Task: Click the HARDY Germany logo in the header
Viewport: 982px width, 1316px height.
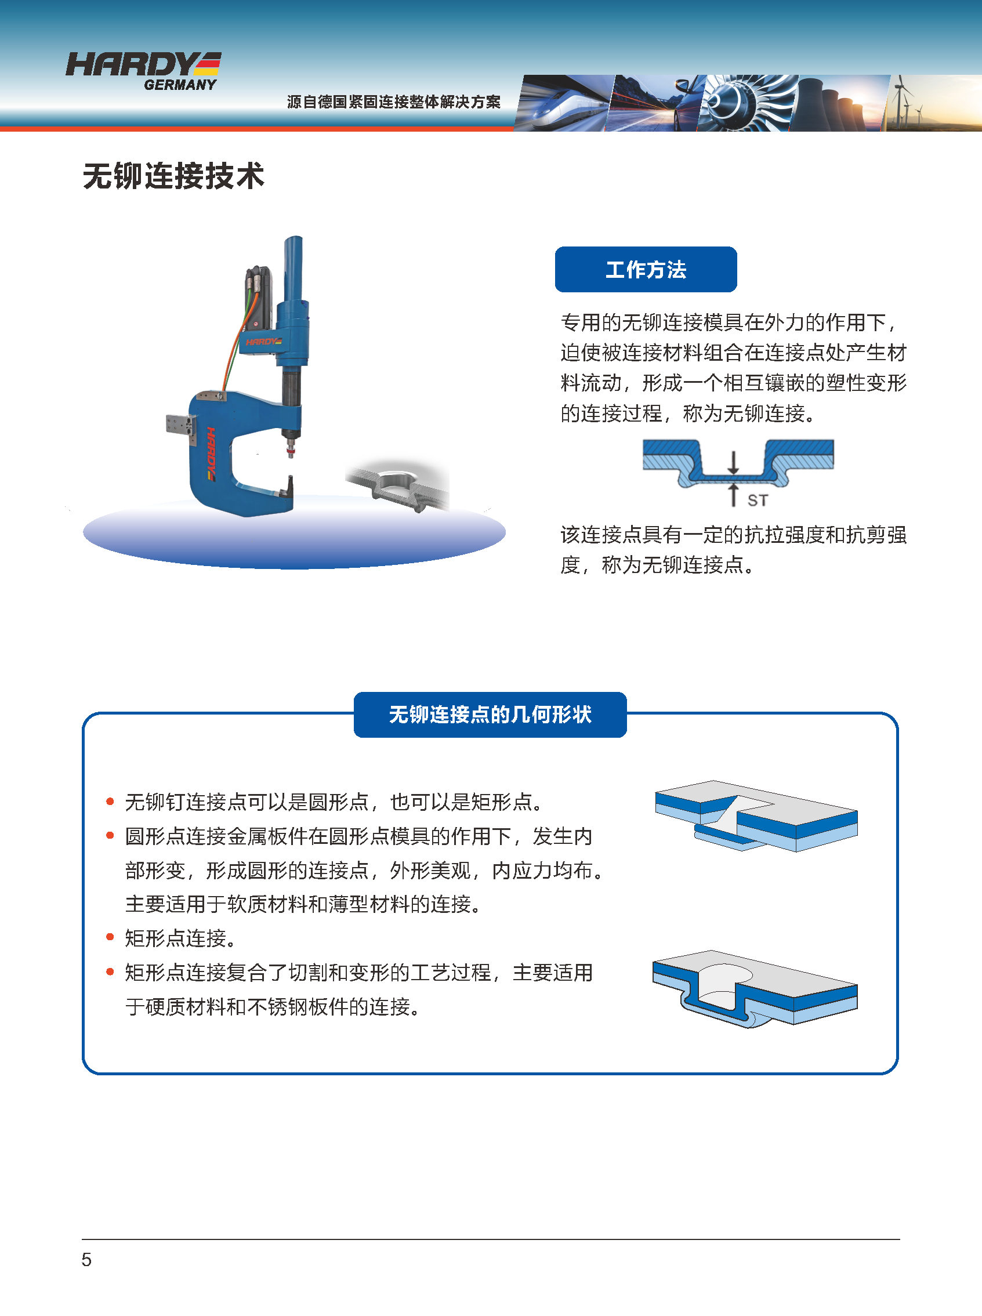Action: pyautogui.click(x=143, y=71)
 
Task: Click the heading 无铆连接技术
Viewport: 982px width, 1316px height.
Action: pyautogui.click(x=173, y=176)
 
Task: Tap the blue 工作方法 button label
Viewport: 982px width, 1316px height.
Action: pyautogui.click(x=646, y=269)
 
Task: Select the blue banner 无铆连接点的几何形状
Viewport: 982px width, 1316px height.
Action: pyautogui.click(x=490, y=714)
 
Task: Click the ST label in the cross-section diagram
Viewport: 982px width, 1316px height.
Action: pyautogui.click(x=758, y=500)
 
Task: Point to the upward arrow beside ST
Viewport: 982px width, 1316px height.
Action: pyautogui.click(x=734, y=495)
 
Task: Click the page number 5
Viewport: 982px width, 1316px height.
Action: pyautogui.click(x=87, y=1260)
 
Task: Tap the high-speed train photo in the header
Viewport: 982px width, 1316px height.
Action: pyautogui.click(x=561, y=103)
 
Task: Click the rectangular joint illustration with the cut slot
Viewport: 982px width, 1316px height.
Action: pyautogui.click(x=756, y=815)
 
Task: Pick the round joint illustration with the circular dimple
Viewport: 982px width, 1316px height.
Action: pyautogui.click(x=755, y=988)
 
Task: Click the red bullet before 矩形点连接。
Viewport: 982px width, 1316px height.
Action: pyautogui.click(x=110, y=937)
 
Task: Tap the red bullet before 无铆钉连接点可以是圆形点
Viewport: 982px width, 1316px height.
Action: pyautogui.click(x=110, y=802)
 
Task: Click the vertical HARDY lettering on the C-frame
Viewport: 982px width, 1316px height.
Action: pyautogui.click(x=211, y=453)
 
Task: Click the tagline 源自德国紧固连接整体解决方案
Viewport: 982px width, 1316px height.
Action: pyautogui.click(x=393, y=101)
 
